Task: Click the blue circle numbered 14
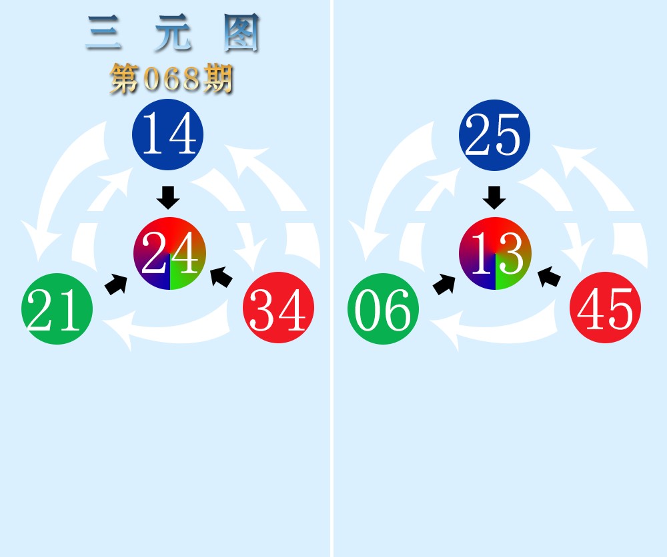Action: [x=168, y=134]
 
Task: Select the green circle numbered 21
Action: [x=57, y=309]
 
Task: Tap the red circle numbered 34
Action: [x=279, y=307]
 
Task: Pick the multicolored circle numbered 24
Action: [x=169, y=253]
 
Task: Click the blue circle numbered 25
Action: [x=494, y=135]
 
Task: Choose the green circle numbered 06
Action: [x=384, y=309]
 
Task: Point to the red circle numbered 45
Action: [x=606, y=307]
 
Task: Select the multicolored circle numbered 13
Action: [x=495, y=253]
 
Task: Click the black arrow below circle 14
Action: [x=168, y=198]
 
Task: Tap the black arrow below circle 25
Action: [x=494, y=198]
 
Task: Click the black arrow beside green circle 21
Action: [x=116, y=284]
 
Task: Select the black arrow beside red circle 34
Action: [x=221, y=276]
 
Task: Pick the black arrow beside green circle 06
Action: [x=444, y=284]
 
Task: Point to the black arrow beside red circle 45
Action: [x=549, y=276]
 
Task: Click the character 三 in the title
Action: [x=104, y=33]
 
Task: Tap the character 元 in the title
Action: [x=173, y=33]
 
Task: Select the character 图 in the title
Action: [x=241, y=33]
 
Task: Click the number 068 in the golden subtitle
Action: [x=171, y=79]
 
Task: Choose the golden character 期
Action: [x=217, y=79]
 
